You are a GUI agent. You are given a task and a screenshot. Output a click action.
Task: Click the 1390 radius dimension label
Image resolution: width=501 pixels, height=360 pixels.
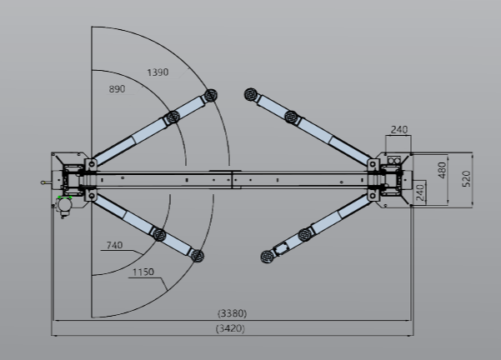tap(158, 72)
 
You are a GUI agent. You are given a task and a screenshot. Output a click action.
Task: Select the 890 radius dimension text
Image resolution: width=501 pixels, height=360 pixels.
tap(118, 89)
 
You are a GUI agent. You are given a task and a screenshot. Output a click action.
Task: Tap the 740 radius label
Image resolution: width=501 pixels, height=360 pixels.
tap(115, 246)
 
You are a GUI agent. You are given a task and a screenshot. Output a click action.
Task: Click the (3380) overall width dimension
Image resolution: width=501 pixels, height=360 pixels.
tap(232, 313)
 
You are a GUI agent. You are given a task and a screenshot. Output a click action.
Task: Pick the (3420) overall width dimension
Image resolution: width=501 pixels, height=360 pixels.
tap(232, 329)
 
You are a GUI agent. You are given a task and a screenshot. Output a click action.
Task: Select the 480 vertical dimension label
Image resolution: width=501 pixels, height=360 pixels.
tap(442, 170)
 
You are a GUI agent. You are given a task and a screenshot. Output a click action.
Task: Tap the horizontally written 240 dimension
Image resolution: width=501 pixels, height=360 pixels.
tap(398, 129)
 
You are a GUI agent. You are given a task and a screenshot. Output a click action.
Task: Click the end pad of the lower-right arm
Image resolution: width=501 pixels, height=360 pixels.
tap(267, 255)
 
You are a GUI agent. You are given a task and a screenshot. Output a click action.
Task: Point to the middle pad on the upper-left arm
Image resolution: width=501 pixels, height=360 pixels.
tap(173, 117)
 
